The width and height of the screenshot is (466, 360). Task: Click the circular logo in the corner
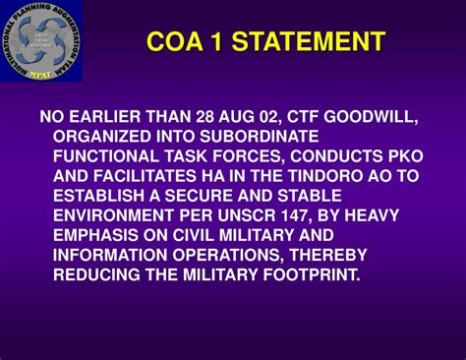42,41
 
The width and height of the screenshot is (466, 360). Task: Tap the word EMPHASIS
97,233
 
